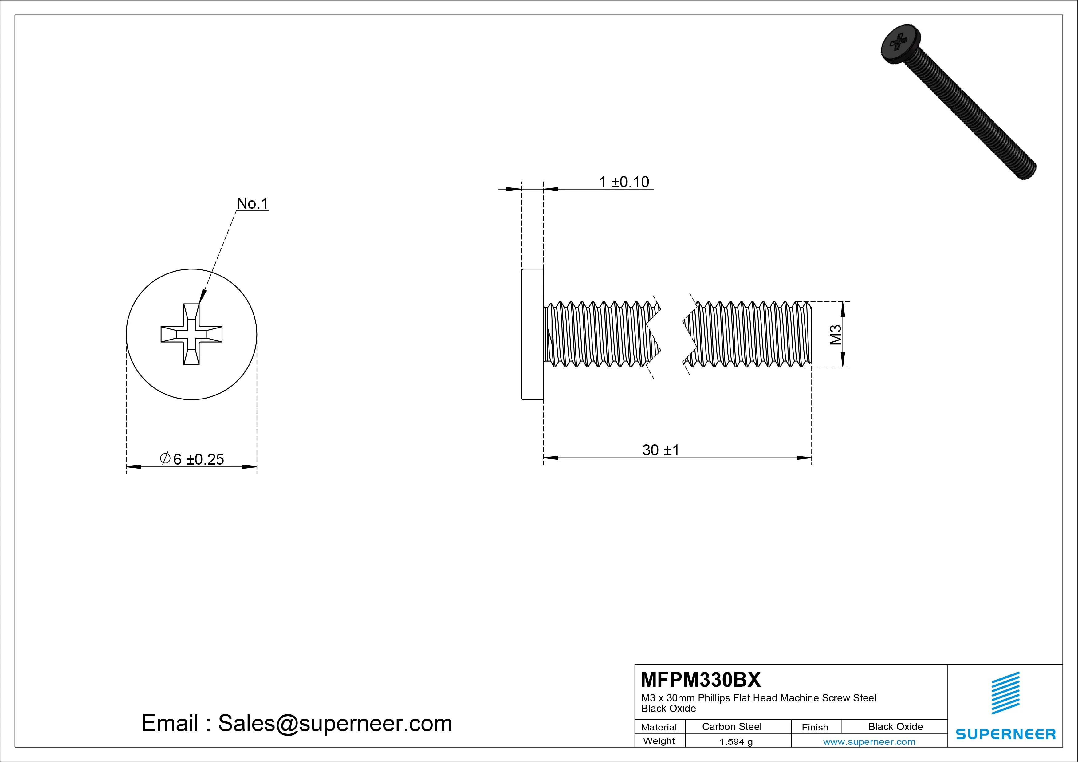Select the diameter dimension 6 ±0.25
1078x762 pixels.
point(192,459)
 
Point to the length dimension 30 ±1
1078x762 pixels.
point(661,450)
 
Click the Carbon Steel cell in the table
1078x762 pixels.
point(731,726)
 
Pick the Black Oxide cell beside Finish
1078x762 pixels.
point(895,726)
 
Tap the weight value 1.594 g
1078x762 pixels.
point(736,742)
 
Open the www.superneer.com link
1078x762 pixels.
point(869,742)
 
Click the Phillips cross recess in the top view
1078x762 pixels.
point(191,334)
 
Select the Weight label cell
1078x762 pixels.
point(659,741)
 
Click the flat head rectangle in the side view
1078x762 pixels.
point(533,334)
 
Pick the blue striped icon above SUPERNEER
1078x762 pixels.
point(1005,693)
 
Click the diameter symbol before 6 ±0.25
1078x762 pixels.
point(165,458)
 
